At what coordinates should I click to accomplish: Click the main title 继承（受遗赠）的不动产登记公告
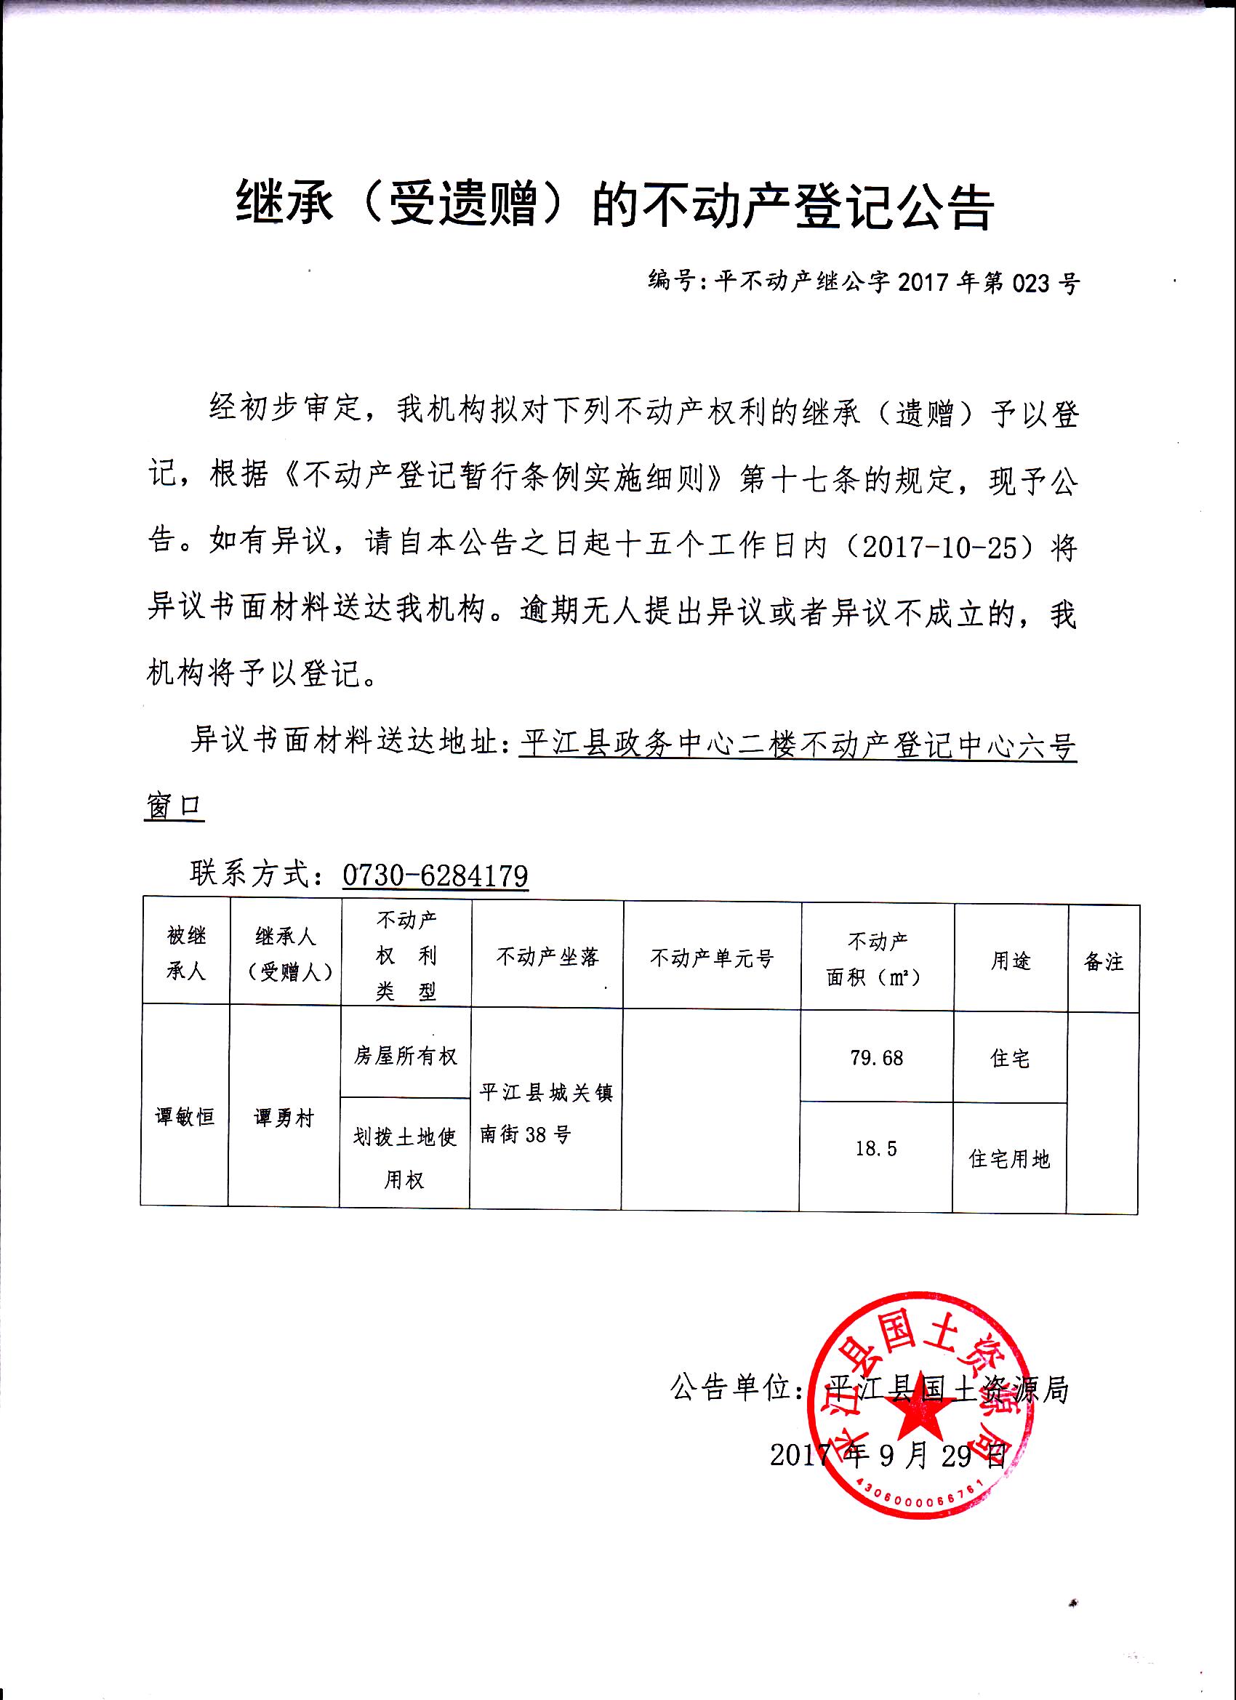[x=615, y=204]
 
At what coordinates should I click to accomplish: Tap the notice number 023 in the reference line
[x=1032, y=284]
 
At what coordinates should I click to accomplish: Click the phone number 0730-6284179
[x=435, y=875]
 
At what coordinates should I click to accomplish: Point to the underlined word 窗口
[x=173, y=806]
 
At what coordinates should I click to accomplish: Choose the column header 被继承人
[x=185, y=953]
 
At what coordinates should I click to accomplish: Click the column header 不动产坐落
[x=547, y=957]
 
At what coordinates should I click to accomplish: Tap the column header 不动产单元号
[x=711, y=958]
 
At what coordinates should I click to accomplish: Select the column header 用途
[x=1011, y=961]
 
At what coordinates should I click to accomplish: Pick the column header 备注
[x=1104, y=962]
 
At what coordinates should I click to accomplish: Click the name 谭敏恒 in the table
[x=185, y=1117]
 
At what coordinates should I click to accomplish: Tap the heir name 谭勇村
[x=284, y=1118]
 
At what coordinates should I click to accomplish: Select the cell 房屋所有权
[x=406, y=1056]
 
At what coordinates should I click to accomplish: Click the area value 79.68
[x=876, y=1059]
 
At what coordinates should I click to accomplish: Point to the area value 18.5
[x=876, y=1148]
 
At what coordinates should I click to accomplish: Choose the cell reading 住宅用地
[x=1009, y=1159]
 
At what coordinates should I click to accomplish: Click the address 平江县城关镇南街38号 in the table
[x=546, y=1114]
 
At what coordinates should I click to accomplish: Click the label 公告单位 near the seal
[x=731, y=1388]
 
